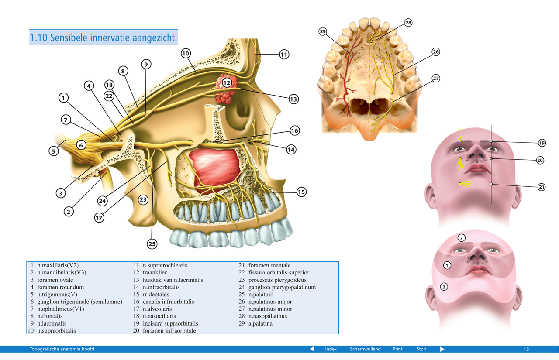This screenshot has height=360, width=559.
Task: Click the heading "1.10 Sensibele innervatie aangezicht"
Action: click(x=103, y=38)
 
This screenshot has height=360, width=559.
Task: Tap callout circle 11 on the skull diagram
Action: click(x=284, y=55)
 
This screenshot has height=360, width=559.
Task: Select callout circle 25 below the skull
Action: click(x=152, y=244)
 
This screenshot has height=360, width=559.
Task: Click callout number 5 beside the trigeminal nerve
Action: click(x=53, y=151)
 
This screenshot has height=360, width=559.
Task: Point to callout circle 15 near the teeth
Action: click(x=301, y=192)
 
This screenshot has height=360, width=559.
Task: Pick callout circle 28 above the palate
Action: click(x=408, y=23)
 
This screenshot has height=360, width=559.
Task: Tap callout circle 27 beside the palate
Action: click(x=435, y=79)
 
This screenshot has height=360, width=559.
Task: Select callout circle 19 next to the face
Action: click(x=542, y=143)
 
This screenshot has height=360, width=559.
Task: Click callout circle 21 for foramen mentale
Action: click(x=542, y=187)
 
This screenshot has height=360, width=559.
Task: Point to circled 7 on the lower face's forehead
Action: click(x=462, y=238)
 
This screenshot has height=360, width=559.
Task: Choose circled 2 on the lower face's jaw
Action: click(x=443, y=287)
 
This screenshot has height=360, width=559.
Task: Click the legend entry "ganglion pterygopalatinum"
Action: click(x=282, y=287)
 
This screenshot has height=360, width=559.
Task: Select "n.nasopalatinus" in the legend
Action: click(x=268, y=316)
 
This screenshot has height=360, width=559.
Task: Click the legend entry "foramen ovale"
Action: click(x=55, y=280)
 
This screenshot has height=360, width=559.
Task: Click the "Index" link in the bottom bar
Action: click(x=331, y=349)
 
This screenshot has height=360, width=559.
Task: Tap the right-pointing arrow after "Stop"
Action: click(x=442, y=349)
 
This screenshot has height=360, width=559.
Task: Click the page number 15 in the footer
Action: click(x=526, y=349)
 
